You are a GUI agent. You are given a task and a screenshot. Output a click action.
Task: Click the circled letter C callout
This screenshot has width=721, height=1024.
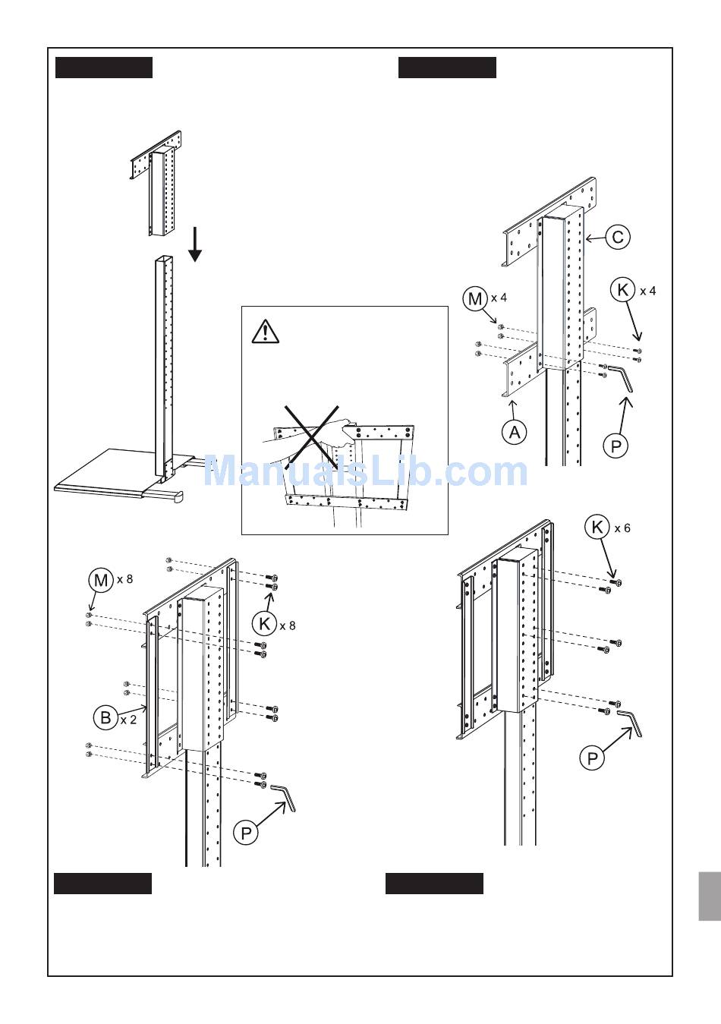(618, 238)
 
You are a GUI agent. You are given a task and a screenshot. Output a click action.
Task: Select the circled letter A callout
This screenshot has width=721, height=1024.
(514, 433)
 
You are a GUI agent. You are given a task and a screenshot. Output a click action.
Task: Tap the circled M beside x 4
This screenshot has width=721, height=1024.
(475, 299)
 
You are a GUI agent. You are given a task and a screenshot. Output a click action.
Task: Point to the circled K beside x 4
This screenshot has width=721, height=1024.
(622, 290)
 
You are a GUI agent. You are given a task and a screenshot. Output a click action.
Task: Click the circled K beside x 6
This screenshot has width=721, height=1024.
(598, 528)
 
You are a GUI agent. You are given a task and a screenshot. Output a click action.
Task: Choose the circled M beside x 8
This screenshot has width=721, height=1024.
(101, 581)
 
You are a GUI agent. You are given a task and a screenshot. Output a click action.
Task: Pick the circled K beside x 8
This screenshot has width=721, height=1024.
(264, 624)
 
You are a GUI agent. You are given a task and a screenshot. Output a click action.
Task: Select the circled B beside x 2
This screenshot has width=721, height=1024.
(105, 718)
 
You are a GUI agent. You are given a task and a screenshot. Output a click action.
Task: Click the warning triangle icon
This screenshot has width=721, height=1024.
(265, 332)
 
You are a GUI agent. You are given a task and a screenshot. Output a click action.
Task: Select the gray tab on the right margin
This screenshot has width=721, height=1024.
(709, 896)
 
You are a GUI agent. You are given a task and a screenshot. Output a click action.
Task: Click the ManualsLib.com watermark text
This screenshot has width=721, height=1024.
(366, 471)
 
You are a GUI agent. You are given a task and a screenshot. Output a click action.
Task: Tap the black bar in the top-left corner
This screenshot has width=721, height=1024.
(104, 68)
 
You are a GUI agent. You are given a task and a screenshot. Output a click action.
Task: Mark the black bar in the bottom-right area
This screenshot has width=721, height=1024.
(434, 884)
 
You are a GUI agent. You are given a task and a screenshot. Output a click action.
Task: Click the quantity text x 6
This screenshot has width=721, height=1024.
(622, 528)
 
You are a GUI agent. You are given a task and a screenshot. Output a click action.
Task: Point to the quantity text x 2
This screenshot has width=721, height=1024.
(128, 719)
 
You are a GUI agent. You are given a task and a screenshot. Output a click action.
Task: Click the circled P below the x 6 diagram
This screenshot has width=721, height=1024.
(592, 757)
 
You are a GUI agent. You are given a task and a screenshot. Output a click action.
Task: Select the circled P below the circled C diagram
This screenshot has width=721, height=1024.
(616, 446)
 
